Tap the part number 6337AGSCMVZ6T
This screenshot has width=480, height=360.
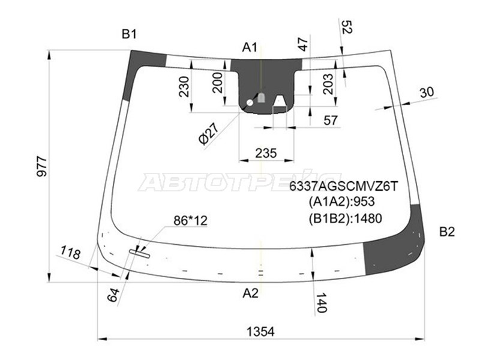click(344, 187)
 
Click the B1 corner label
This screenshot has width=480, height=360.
click(130, 34)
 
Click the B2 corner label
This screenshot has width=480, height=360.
click(447, 232)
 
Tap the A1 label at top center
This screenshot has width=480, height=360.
click(250, 47)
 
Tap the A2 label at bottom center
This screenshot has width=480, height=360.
click(250, 293)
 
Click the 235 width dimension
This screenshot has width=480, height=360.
click(266, 153)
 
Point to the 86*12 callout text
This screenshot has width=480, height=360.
click(190, 221)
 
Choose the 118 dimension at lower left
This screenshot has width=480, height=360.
click(71, 254)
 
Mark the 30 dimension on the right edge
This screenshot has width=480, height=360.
click(426, 92)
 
